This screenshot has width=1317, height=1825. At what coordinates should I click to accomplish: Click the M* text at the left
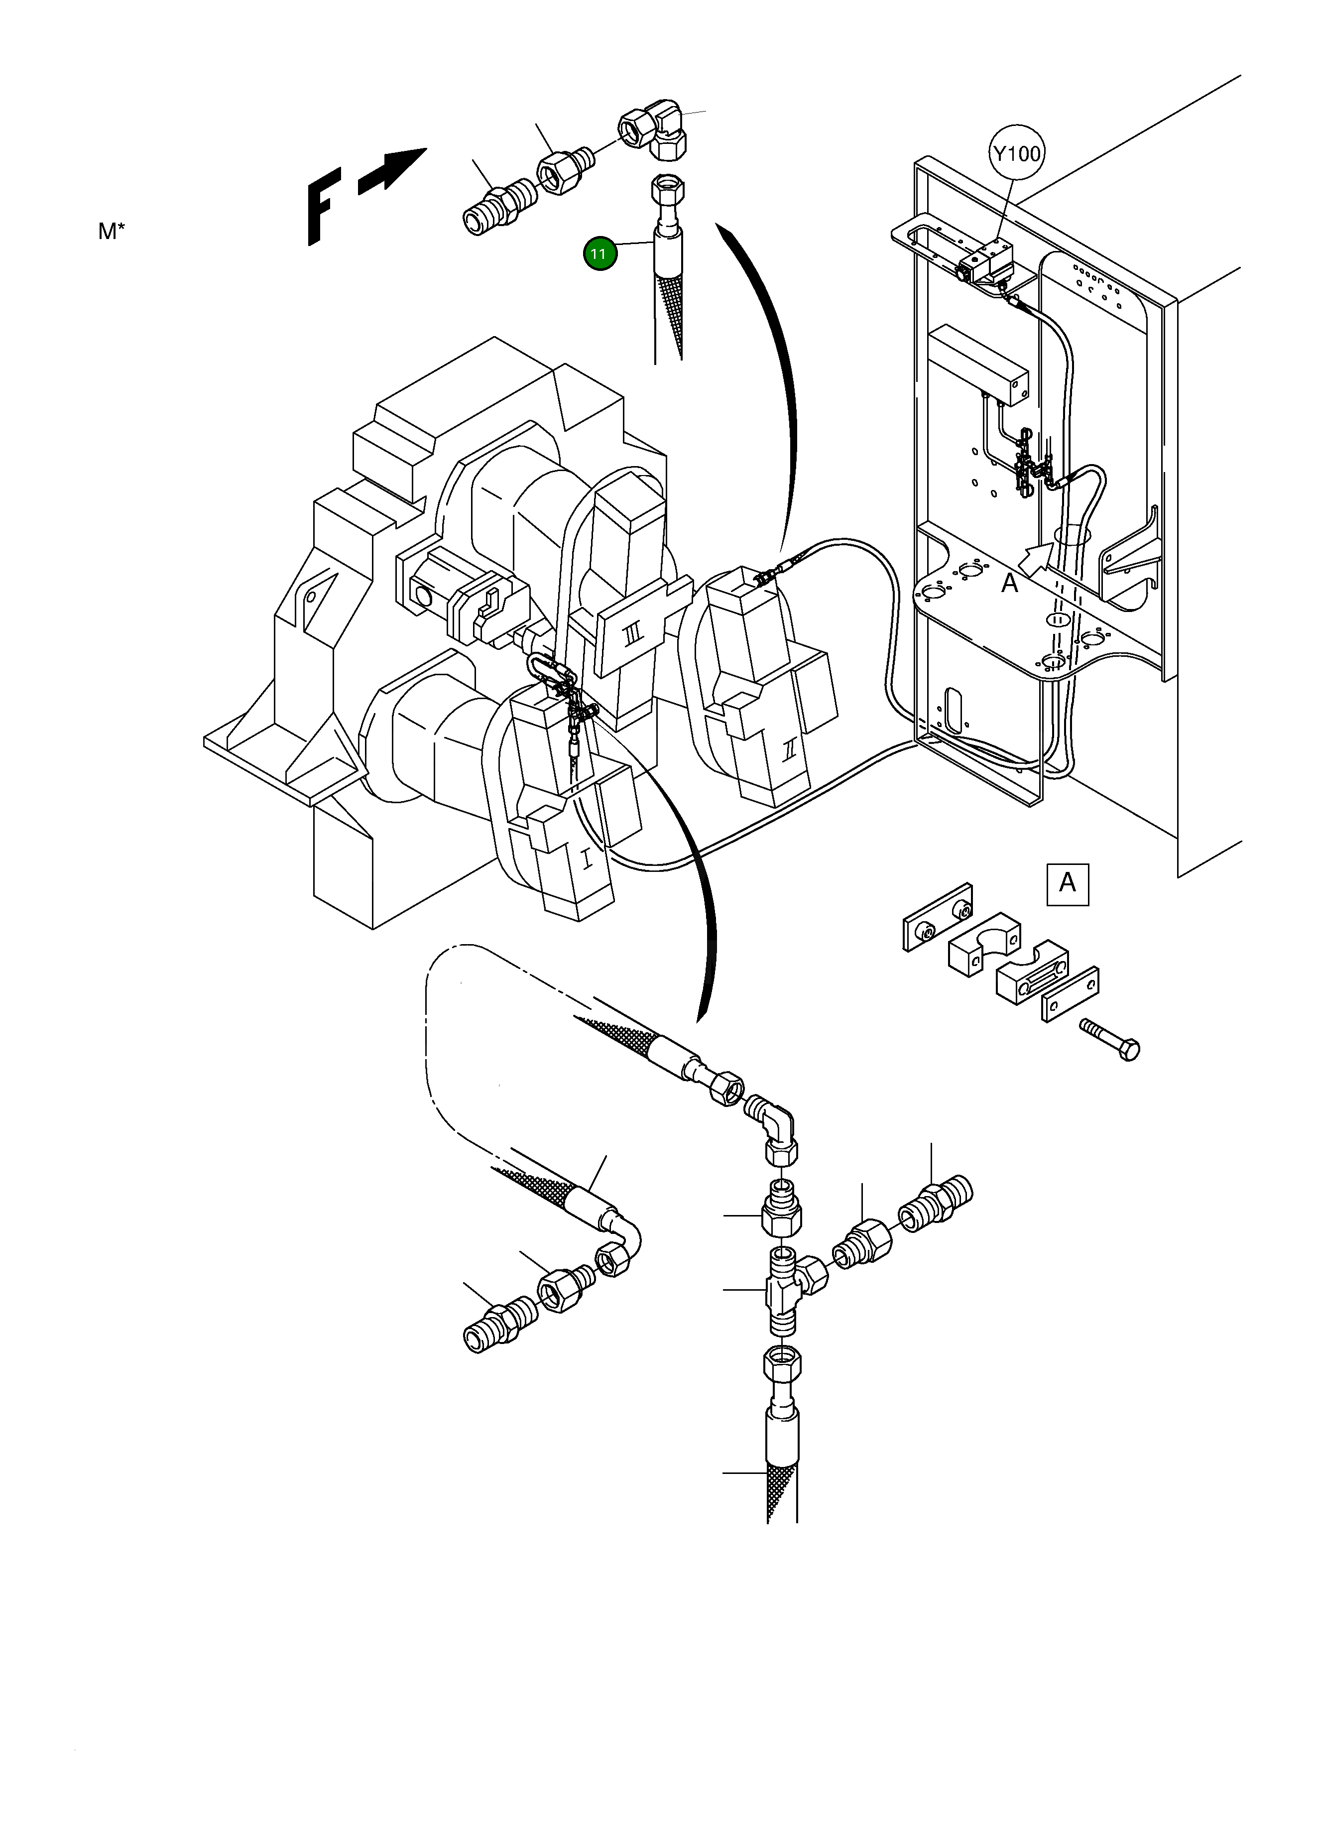[x=112, y=232]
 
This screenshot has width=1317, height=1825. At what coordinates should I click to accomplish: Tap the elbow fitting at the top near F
[x=652, y=127]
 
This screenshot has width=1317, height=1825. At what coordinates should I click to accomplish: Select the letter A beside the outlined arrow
[x=1009, y=583]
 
